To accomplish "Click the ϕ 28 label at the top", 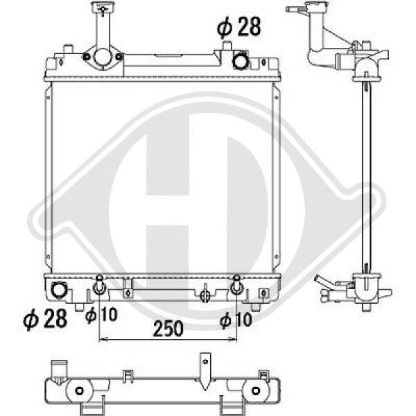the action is tap(239, 26).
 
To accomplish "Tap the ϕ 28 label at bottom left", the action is tap(45, 319).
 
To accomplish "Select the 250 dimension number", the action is tap(168, 329).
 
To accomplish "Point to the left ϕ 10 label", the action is tap(101, 315).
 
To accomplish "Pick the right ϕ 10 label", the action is tap(236, 320).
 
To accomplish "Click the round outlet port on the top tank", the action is tap(241, 61).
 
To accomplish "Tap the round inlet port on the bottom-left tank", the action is tap(59, 291).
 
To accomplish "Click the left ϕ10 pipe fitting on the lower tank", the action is tap(99, 285).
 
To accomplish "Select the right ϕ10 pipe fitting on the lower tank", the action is tap(236, 285).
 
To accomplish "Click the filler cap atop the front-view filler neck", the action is tap(103, 7).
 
